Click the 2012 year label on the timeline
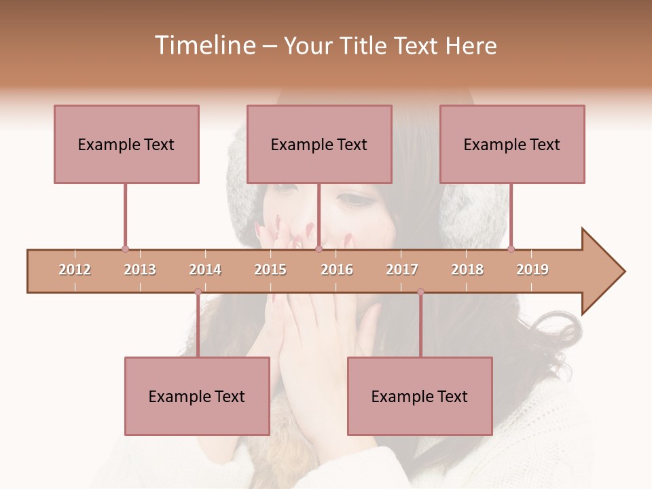pos(75,270)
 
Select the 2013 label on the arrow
pos(140,270)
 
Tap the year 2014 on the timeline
pos(205,270)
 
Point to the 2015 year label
pos(270,270)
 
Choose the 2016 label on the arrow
pos(337,270)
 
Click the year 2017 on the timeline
pos(402,270)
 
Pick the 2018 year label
pos(467,270)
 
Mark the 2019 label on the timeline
pos(532,270)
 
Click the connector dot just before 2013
pos(125,249)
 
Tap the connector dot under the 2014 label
pos(198,291)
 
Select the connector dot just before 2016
pos(319,249)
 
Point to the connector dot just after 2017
pos(420,291)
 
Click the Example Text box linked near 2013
pos(126,144)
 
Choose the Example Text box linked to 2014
pos(197,396)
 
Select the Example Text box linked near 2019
pos(512,144)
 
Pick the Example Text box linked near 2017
pos(420,396)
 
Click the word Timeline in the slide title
pos(204,46)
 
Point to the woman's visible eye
pos(353,199)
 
